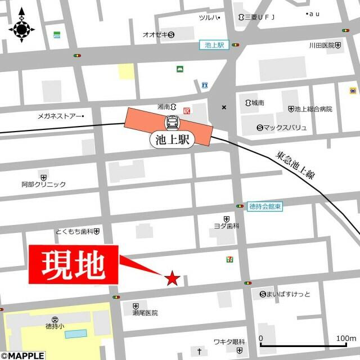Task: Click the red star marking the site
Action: pyautogui.click(x=172, y=277)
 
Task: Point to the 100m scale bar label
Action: pyautogui.click(x=345, y=338)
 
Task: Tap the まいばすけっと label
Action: pyautogui.click(x=289, y=294)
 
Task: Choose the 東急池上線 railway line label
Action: pyautogui.click(x=295, y=165)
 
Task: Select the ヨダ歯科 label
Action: pyautogui.click(x=226, y=225)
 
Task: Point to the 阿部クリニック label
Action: pyautogui.click(x=44, y=184)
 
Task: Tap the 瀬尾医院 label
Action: pyautogui.click(x=145, y=312)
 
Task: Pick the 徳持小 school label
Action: pyautogui.click(x=55, y=326)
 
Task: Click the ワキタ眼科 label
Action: pyautogui.click(x=228, y=341)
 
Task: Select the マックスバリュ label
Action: pyautogui.click(x=285, y=128)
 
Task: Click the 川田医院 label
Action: pyautogui.click(x=322, y=45)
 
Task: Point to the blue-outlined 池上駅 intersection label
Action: pyautogui.click(x=214, y=45)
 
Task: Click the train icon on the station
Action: pyautogui.click(x=172, y=122)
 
